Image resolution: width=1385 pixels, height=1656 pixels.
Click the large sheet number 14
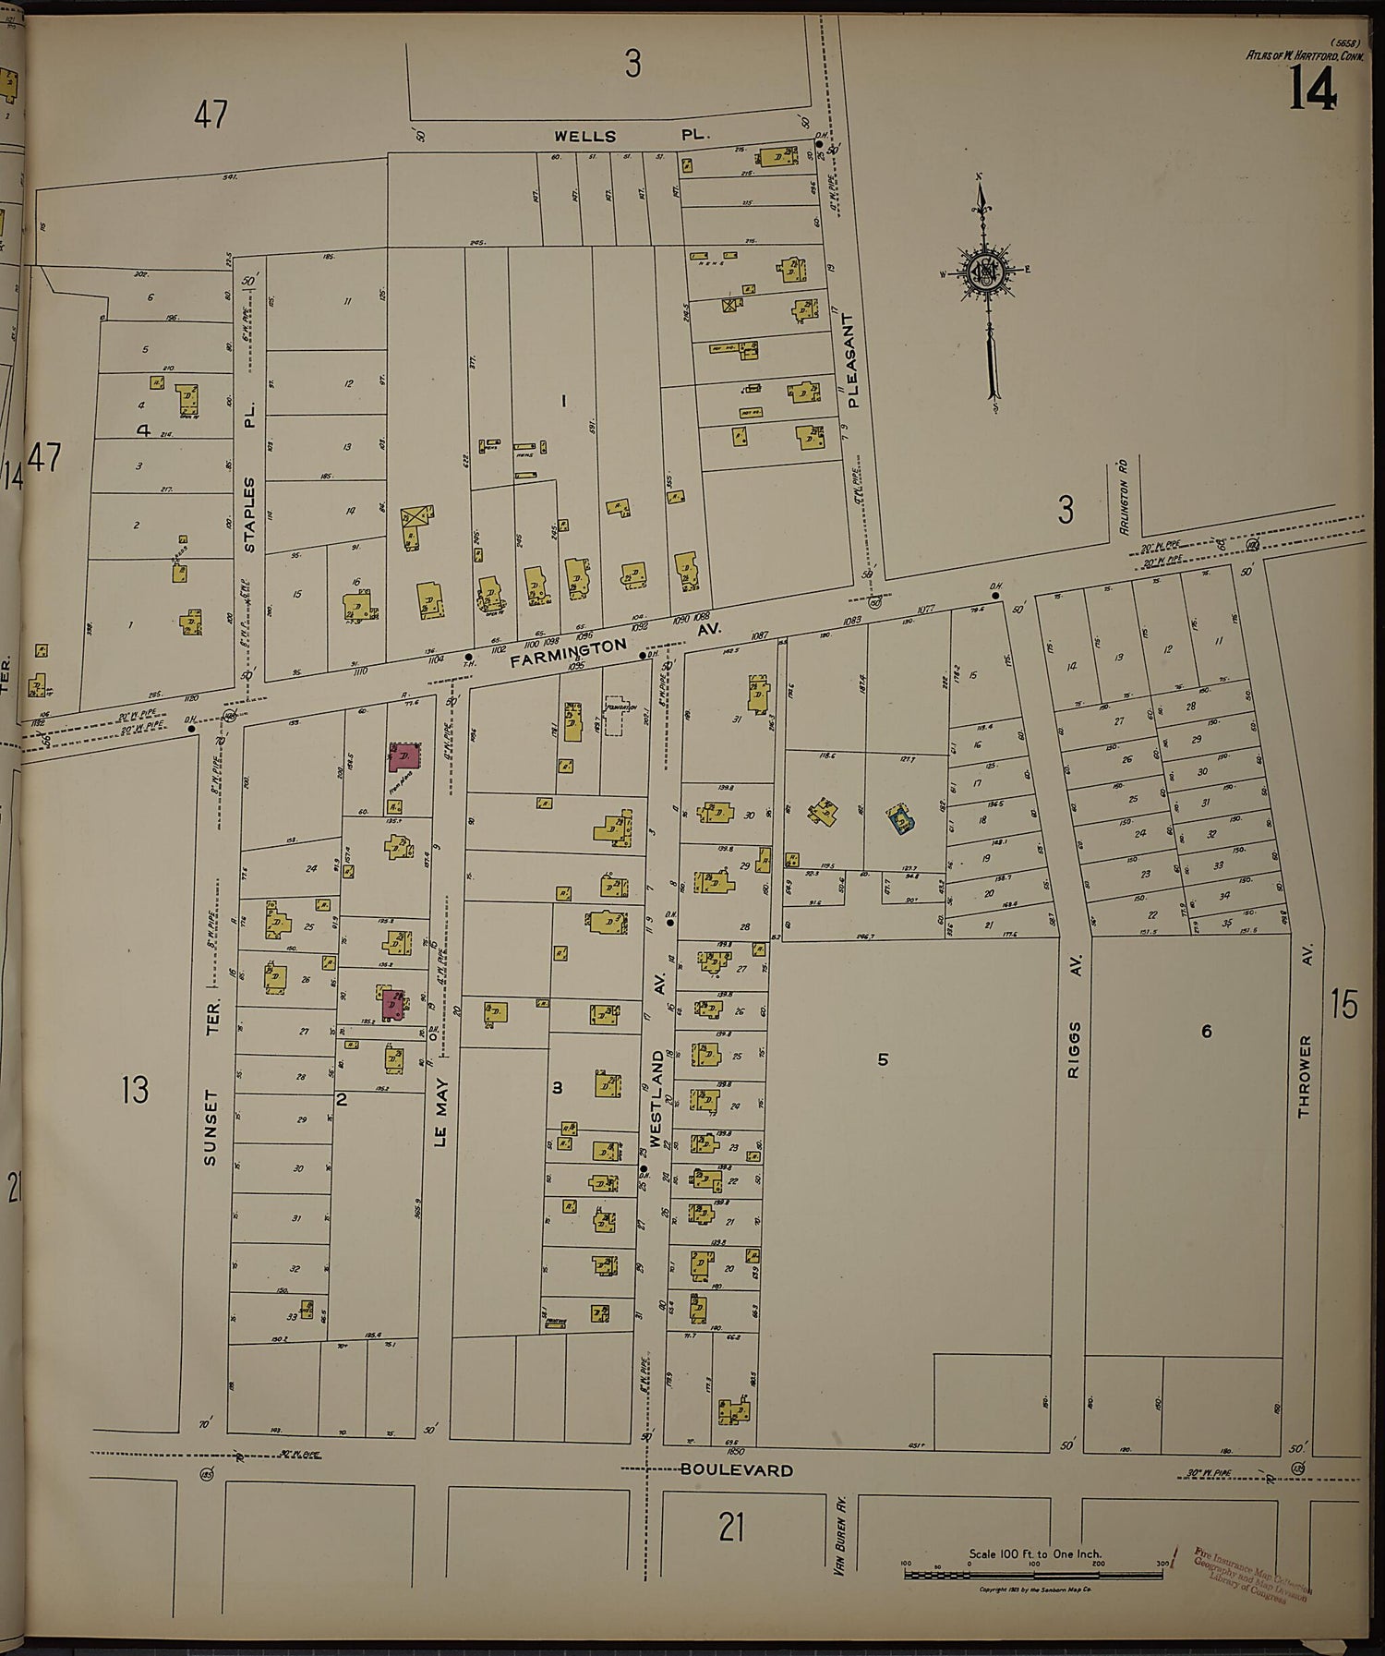click(1312, 91)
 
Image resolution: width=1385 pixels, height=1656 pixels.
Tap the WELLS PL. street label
click(632, 136)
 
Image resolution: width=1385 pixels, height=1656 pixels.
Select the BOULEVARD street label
click(737, 1469)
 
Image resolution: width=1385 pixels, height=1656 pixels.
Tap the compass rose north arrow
click(986, 277)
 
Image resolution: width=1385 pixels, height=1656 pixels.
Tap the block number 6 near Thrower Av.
click(1206, 1032)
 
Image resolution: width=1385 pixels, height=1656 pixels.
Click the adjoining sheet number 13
click(135, 1090)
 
